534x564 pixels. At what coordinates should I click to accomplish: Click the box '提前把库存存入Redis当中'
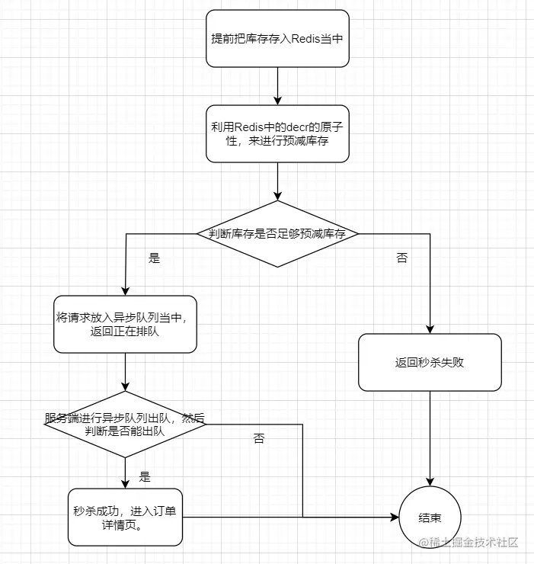click(277, 38)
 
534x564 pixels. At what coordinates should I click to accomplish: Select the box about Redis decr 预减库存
click(277, 133)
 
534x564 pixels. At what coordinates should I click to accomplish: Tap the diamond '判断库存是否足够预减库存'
click(277, 234)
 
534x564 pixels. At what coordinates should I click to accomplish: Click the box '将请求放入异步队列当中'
click(125, 324)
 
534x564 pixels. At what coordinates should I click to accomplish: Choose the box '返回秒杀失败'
click(430, 362)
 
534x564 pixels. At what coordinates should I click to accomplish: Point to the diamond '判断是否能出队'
click(125, 425)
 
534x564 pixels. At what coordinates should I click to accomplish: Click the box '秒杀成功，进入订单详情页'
click(125, 517)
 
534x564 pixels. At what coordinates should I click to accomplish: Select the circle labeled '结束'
click(430, 518)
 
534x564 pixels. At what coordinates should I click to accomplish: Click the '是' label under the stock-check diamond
click(155, 258)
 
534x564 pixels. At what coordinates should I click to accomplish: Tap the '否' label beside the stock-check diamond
click(401, 258)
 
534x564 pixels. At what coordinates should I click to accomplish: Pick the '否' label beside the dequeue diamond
click(259, 439)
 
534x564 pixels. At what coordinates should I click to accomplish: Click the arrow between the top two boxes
click(277, 85)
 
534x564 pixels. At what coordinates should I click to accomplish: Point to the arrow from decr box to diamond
click(277, 181)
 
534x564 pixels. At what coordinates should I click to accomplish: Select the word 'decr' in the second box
click(297, 127)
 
